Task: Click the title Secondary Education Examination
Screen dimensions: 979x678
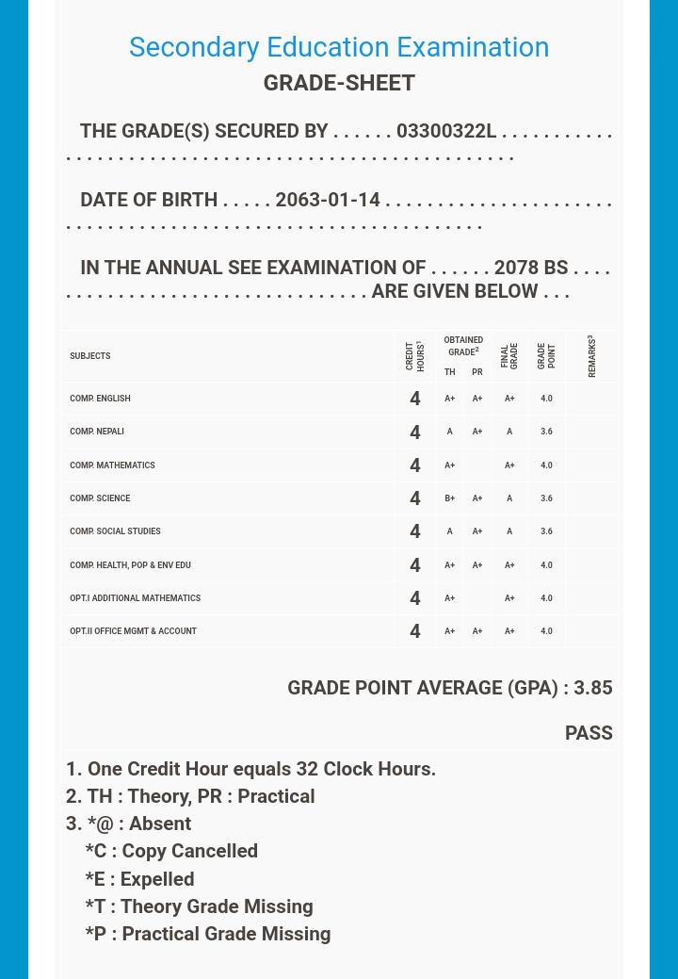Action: (x=339, y=47)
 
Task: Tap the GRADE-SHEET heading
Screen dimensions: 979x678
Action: (x=339, y=83)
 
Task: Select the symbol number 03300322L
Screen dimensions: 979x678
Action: (x=445, y=131)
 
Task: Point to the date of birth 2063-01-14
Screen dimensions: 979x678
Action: (x=328, y=200)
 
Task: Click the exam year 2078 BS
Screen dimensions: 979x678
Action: (x=530, y=268)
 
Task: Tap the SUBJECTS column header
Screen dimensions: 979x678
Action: (x=90, y=356)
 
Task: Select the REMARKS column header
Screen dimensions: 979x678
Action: (x=591, y=356)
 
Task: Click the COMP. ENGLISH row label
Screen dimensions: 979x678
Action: (x=100, y=399)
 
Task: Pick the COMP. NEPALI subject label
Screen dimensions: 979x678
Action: (x=97, y=432)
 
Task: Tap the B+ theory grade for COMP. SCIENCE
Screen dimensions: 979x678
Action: (x=450, y=498)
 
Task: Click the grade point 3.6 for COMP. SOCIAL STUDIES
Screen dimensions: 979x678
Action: (x=546, y=531)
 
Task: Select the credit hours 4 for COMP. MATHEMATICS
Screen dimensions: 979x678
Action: (x=415, y=465)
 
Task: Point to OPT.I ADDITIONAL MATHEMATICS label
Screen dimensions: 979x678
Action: (x=135, y=598)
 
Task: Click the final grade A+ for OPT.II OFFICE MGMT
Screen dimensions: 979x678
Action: (x=509, y=631)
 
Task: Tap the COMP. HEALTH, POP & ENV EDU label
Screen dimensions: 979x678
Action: (x=130, y=565)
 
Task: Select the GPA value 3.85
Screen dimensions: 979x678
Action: (x=593, y=688)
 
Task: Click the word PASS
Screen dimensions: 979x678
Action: (x=589, y=733)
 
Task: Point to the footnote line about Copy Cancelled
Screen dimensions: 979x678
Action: (x=171, y=851)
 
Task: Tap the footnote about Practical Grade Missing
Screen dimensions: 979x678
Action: (x=208, y=934)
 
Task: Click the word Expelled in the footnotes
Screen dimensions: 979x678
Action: (x=157, y=879)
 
